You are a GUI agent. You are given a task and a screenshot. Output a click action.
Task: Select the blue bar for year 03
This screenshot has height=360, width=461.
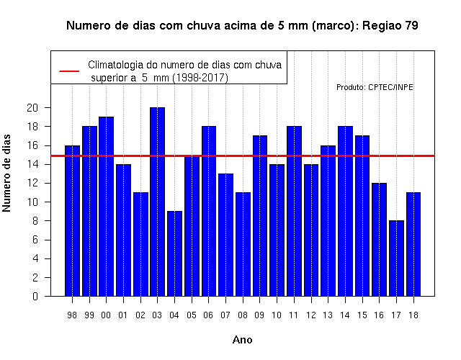[x=157, y=202]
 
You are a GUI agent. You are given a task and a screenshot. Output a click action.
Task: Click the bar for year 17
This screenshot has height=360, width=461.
[x=396, y=258]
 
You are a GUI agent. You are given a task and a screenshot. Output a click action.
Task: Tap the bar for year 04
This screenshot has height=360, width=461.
[x=174, y=253]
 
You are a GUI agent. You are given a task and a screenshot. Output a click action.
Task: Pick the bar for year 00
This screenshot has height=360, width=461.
[x=106, y=207]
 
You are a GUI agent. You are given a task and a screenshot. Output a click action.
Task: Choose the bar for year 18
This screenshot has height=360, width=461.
[x=413, y=244]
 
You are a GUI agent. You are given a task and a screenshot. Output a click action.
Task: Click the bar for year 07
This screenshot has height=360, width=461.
[x=225, y=235]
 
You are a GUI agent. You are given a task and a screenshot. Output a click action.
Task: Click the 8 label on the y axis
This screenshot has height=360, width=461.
[x=35, y=221]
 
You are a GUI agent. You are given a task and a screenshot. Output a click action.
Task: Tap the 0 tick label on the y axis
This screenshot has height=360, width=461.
[x=35, y=296]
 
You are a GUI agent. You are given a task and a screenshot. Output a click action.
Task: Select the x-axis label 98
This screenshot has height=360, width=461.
[x=72, y=315]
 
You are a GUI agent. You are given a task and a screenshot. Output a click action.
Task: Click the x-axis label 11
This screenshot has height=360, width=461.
[x=294, y=315]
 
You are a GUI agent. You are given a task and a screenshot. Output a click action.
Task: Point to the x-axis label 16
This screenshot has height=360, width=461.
[x=379, y=315]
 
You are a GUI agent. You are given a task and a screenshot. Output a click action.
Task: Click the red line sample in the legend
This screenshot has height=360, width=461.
[x=69, y=71]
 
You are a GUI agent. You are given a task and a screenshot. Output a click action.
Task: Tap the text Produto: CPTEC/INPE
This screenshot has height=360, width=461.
[x=375, y=87]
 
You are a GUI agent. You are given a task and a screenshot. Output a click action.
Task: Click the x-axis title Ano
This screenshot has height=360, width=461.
[x=243, y=340]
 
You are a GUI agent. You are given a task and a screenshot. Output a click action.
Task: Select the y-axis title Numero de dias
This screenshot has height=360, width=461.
[x=6, y=173]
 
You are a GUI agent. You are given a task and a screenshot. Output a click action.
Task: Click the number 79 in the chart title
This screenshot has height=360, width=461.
[x=411, y=26]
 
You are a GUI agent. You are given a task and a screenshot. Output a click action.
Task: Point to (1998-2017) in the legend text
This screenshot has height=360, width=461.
[x=200, y=78]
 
